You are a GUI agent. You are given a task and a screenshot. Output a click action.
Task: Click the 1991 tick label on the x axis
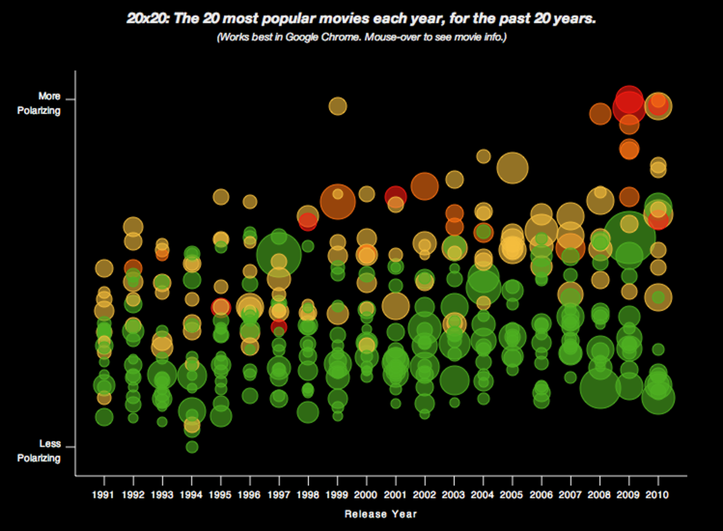pyautogui.click(x=104, y=495)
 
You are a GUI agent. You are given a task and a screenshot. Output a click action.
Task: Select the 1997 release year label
pyautogui.click(x=278, y=495)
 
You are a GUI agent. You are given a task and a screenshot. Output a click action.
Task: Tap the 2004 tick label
pyautogui.click(x=483, y=495)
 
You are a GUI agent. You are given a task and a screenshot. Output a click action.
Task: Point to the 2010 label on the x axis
pyautogui.click(x=657, y=495)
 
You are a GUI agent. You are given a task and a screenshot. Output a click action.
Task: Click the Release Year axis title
pyautogui.click(x=381, y=514)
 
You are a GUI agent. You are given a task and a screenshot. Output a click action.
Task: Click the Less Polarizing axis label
pyautogui.click(x=39, y=451)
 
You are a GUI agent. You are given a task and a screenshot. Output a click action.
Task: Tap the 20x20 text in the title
pyautogui.click(x=147, y=19)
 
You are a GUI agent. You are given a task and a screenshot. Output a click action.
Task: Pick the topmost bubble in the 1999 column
pyautogui.click(x=338, y=106)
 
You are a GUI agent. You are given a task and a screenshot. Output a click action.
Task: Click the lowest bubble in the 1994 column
pyautogui.click(x=192, y=447)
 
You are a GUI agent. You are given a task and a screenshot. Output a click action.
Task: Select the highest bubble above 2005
pyautogui.click(x=512, y=167)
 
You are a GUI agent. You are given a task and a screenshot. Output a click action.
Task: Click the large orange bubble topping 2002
pyautogui.click(x=425, y=186)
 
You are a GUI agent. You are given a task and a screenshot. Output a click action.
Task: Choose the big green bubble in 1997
pyautogui.click(x=278, y=255)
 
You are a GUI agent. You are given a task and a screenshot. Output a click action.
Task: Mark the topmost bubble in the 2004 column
pyautogui.click(x=483, y=156)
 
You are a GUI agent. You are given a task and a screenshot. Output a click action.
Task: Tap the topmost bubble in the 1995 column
pyautogui.click(x=221, y=197)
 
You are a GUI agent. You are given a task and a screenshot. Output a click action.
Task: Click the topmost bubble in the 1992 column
pyautogui.click(x=133, y=227)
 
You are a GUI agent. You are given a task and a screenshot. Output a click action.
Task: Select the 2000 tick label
pyautogui.click(x=367, y=495)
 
